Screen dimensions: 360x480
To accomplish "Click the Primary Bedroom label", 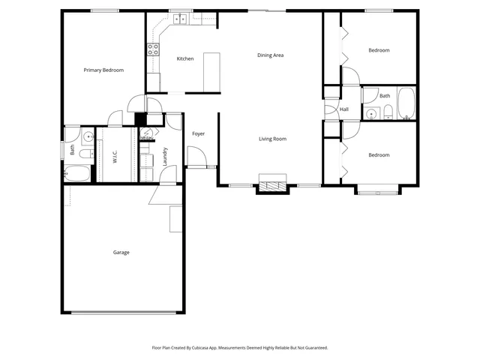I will [x=103, y=70].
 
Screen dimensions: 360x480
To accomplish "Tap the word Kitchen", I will [x=185, y=58].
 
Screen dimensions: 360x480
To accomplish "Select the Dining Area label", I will [x=270, y=55].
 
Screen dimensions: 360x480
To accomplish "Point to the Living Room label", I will [x=272, y=139].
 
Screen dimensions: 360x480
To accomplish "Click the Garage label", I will [x=121, y=252].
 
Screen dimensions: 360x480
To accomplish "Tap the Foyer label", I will [x=198, y=133].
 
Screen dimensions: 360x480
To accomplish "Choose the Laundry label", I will [x=165, y=155].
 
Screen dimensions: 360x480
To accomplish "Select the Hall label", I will [x=343, y=109].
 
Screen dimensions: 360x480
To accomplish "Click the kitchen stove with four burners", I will [x=153, y=50].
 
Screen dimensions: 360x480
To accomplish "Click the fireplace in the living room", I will [x=272, y=184].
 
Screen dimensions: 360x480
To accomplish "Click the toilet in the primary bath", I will [x=84, y=154].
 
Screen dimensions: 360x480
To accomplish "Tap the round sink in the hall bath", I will [x=371, y=114].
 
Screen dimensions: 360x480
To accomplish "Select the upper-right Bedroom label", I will [x=379, y=50].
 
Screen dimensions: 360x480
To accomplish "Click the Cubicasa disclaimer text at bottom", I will [x=240, y=348].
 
